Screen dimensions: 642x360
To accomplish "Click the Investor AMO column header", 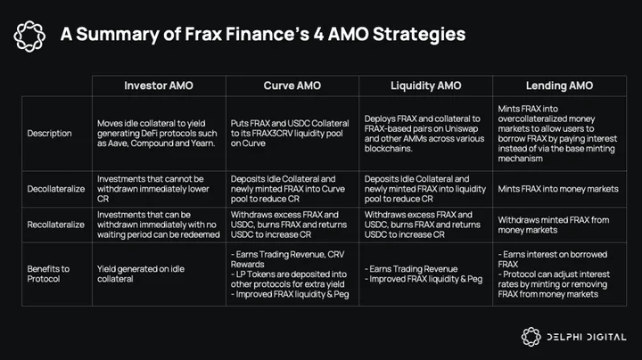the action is pyautogui.click(x=159, y=86).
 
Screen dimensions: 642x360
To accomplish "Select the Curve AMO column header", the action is pyautogui.click(x=292, y=86).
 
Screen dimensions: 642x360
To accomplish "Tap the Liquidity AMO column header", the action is pyautogui.click(x=426, y=86).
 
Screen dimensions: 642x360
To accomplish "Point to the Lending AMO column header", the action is pyautogui.click(x=559, y=86).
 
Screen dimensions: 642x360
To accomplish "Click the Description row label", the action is pyautogui.click(x=49, y=134).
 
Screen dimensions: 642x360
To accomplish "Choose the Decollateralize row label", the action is pyautogui.click(x=55, y=189).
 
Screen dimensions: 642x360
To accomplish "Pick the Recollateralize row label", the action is pyautogui.click(x=55, y=225).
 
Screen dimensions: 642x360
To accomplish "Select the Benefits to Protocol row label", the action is pyautogui.click(x=48, y=274).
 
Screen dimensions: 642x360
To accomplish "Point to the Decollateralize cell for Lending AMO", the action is pyautogui.click(x=558, y=189).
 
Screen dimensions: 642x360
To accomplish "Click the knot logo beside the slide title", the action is pyautogui.click(x=29, y=36).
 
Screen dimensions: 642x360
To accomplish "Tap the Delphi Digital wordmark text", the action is pyautogui.click(x=587, y=337).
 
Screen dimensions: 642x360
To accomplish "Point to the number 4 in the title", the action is pyautogui.click(x=318, y=34).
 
